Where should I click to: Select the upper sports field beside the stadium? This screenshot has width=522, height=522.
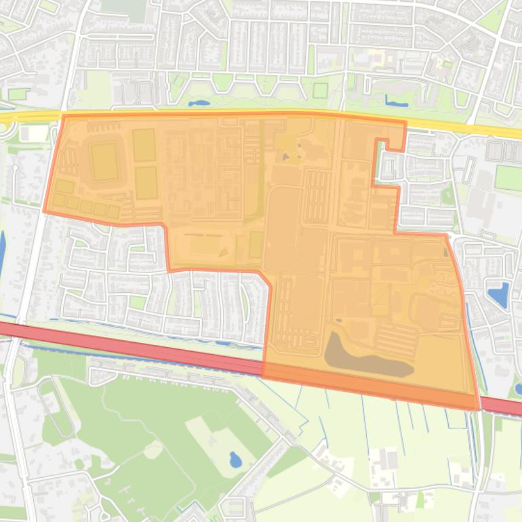(144, 144)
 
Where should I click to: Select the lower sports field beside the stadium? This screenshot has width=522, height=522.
(146, 182)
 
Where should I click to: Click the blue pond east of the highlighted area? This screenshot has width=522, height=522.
(498, 295)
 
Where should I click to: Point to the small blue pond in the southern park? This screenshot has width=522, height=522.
(235, 460)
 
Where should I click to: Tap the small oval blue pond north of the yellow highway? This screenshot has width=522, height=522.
(199, 104)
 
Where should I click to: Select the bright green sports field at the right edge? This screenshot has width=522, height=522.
(508, 178)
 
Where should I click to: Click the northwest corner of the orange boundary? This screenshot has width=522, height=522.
(64, 117)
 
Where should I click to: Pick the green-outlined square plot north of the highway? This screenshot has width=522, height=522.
(320, 90)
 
